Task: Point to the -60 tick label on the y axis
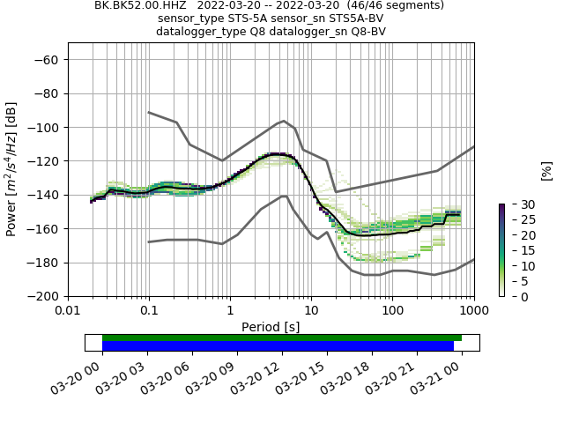[48, 60]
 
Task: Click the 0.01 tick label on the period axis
[68, 310]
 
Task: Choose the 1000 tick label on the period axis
[474, 310]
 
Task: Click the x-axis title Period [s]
[271, 327]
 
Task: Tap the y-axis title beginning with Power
[11, 170]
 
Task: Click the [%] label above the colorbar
[545, 170]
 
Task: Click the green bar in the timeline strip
[282, 338]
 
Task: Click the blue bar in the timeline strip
[278, 346]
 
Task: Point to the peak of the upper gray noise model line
[284, 121]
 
